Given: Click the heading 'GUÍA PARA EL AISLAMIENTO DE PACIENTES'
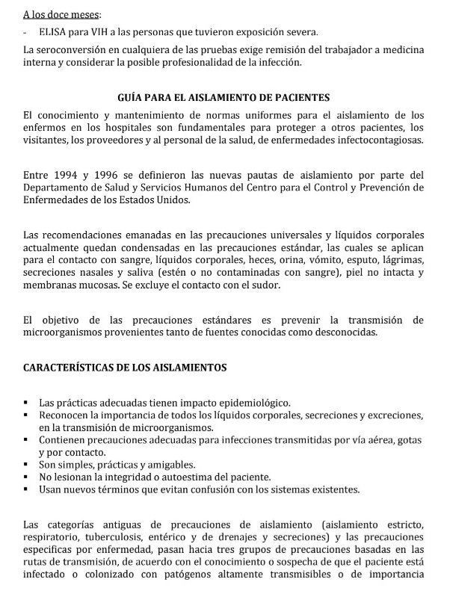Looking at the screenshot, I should point(224,98).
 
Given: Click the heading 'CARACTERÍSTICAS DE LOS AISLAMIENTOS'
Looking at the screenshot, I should point(125,368).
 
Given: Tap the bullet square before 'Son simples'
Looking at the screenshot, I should point(27,465).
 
